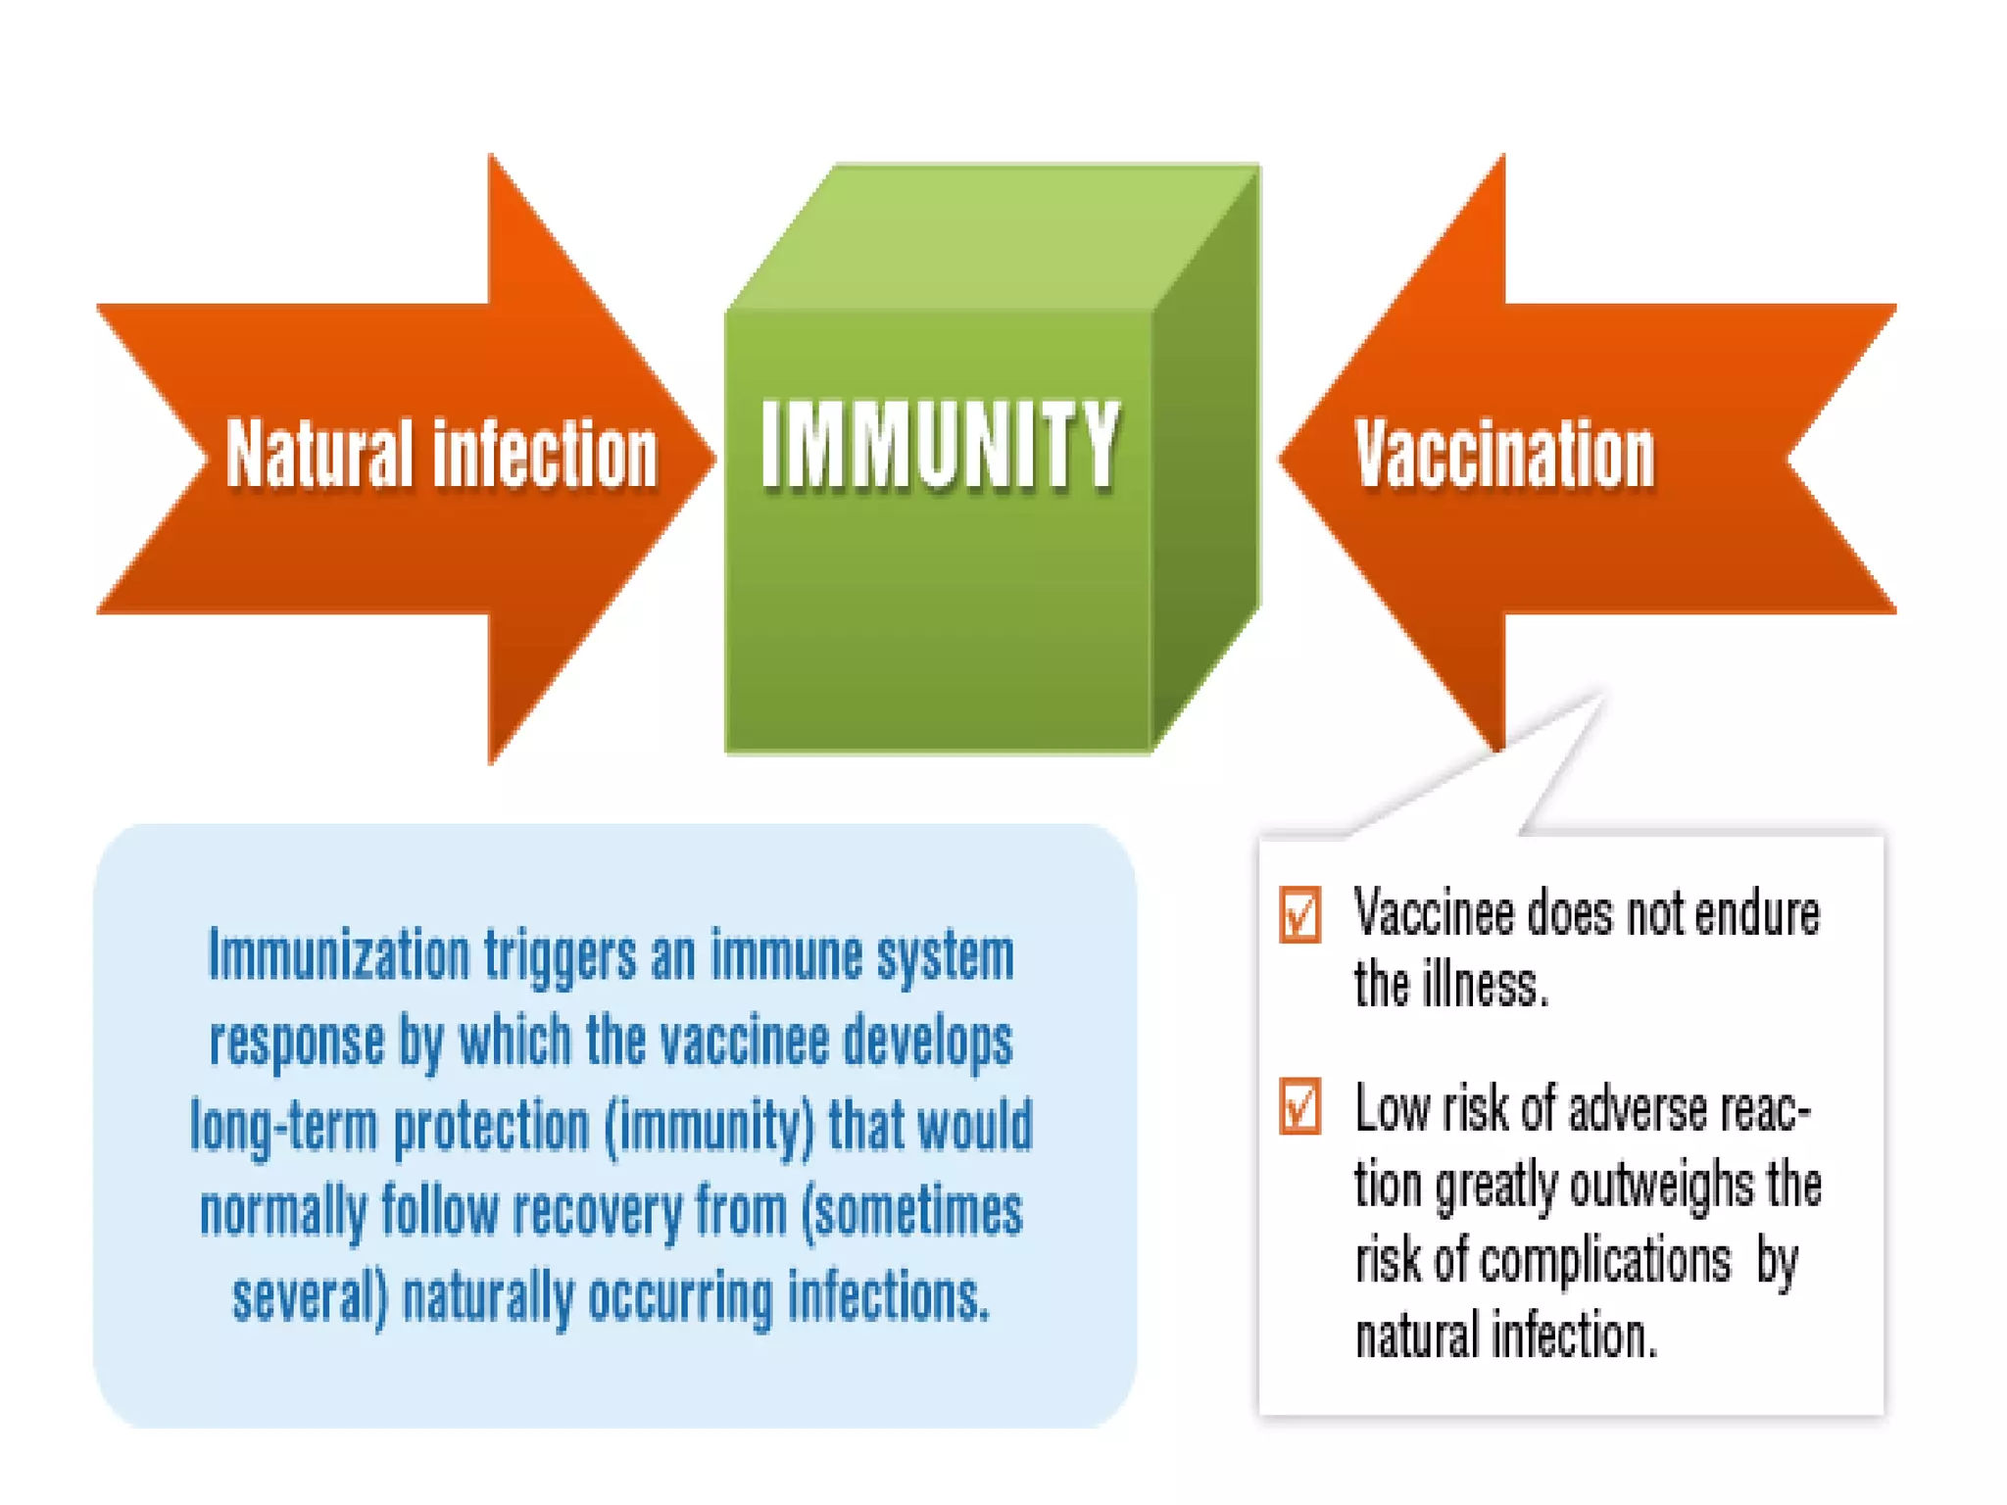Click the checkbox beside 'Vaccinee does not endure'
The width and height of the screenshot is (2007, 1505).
(1299, 915)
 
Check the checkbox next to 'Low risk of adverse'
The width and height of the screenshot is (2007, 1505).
(1299, 1107)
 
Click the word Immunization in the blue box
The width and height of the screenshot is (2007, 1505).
(339, 955)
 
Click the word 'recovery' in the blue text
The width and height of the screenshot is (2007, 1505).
(597, 1212)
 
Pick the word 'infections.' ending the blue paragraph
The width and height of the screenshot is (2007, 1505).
(888, 1297)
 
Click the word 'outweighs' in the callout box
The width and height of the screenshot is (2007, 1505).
(1662, 1186)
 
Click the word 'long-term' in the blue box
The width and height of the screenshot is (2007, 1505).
(284, 1127)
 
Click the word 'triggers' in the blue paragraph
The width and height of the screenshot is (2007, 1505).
(560, 955)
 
